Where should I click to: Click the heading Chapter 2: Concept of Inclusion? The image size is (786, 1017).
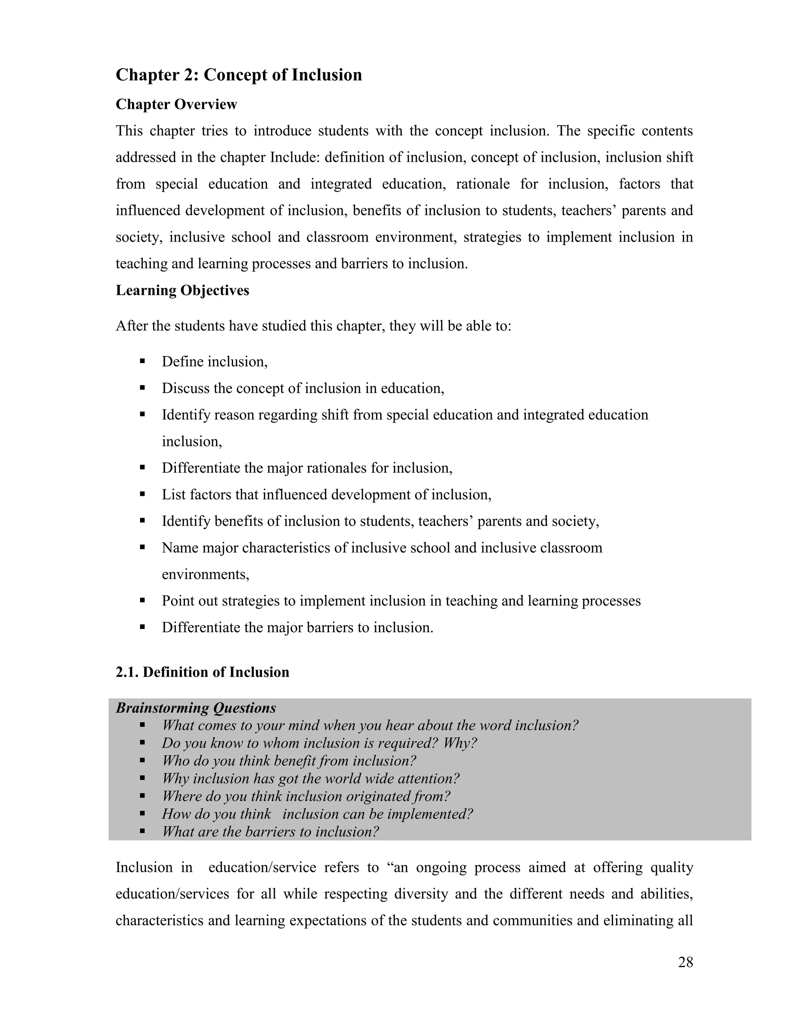point(238,75)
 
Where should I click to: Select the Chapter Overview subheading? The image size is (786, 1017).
point(176,104)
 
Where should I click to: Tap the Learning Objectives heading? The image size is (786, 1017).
point(182,290)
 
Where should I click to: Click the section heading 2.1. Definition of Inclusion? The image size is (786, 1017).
point(202,672)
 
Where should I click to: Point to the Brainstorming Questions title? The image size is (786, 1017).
point(196,708)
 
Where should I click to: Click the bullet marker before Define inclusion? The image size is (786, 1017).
point(142,362)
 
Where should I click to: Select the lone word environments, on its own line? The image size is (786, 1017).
point(205,574)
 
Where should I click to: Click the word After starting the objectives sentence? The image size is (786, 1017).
point(131,325)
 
